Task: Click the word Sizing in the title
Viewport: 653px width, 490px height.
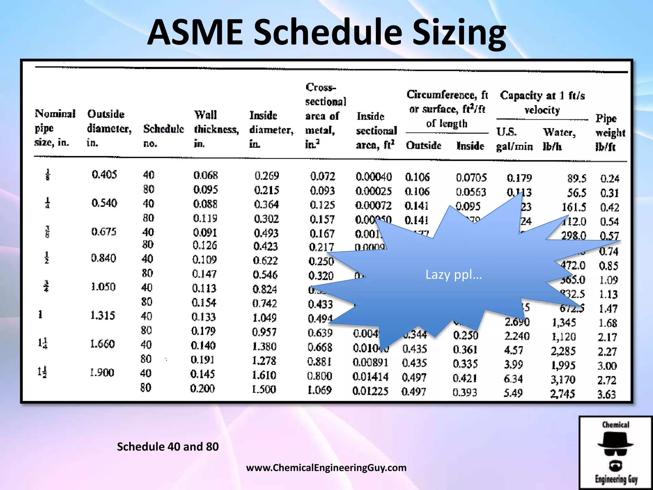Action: tap(459, 33)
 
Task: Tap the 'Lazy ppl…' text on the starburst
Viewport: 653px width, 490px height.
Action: tap(453, 275)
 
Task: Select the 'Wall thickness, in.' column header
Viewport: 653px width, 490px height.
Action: tap(216, 129)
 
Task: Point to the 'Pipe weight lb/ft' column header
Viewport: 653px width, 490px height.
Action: tap(610, 132)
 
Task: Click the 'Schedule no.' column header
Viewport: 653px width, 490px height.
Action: tap(163, 136)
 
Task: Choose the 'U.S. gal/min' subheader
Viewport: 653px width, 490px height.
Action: tap(514, 139)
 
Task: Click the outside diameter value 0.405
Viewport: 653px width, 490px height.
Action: tap(104, 174)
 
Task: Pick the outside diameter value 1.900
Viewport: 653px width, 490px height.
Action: tap(102, 372)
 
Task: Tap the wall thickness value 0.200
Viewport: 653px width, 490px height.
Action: tap(202, 388)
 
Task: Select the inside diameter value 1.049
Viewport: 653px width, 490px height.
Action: tap(264, 317)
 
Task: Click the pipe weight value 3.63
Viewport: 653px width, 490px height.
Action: tap(606, 395)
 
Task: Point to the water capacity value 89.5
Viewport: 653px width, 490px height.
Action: tap(576, 178)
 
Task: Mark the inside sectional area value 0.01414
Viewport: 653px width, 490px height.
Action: tap(370, 377)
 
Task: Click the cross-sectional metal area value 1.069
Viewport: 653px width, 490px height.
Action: tap(319, 390)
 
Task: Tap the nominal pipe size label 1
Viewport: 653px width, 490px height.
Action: tap(40, 315)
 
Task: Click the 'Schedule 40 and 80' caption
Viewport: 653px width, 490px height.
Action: tap(168, 447)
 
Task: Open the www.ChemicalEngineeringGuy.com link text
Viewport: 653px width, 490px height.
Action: tap(326, 468)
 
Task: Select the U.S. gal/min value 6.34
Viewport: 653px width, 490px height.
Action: tap(513, 379)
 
